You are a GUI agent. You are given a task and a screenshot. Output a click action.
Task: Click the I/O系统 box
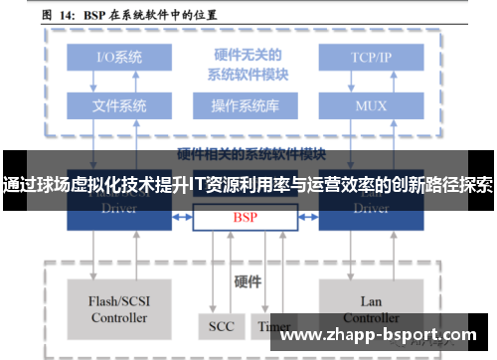[x=119, y=57]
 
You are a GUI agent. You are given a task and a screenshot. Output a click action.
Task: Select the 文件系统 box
[x=119, y=104]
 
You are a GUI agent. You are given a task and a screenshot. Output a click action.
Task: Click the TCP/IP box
[x=371, y=57]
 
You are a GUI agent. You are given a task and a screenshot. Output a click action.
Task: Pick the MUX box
[x=371, y=104]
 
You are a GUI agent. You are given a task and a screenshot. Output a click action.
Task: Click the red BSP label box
[x=244, y=217]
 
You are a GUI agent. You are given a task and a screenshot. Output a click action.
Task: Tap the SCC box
[x=221, y=326]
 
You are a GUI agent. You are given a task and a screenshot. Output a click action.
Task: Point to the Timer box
[x=273, y=326]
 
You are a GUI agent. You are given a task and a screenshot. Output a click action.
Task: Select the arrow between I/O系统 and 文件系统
[x=119, y=81]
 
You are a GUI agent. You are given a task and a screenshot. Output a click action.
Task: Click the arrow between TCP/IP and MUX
[x=371, y=81]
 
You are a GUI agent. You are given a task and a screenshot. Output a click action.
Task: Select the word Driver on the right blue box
[x=371, y=209]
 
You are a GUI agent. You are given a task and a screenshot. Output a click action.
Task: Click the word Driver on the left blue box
[x=119, y=209]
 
